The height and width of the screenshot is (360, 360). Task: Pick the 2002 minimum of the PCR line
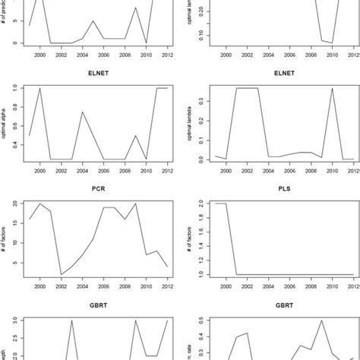61,275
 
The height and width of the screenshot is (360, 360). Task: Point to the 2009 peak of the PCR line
135,204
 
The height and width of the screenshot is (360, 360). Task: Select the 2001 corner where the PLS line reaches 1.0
240,274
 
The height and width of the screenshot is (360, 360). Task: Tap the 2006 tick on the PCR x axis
103,290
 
